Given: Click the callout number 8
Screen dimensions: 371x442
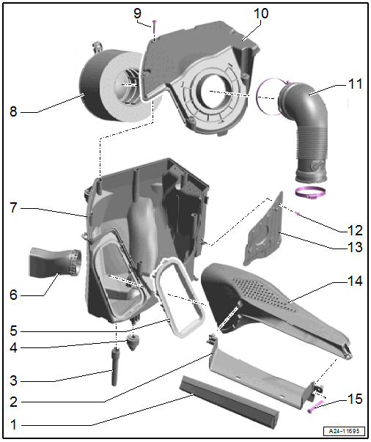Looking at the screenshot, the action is click(13, 111).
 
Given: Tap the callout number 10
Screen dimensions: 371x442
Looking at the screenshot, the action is click(261, 13).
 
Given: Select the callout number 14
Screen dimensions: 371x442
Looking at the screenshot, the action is click(355, 281).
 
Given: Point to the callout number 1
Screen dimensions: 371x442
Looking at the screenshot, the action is click(13, 424).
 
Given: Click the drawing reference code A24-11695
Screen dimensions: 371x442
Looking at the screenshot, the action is click(344, 431).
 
